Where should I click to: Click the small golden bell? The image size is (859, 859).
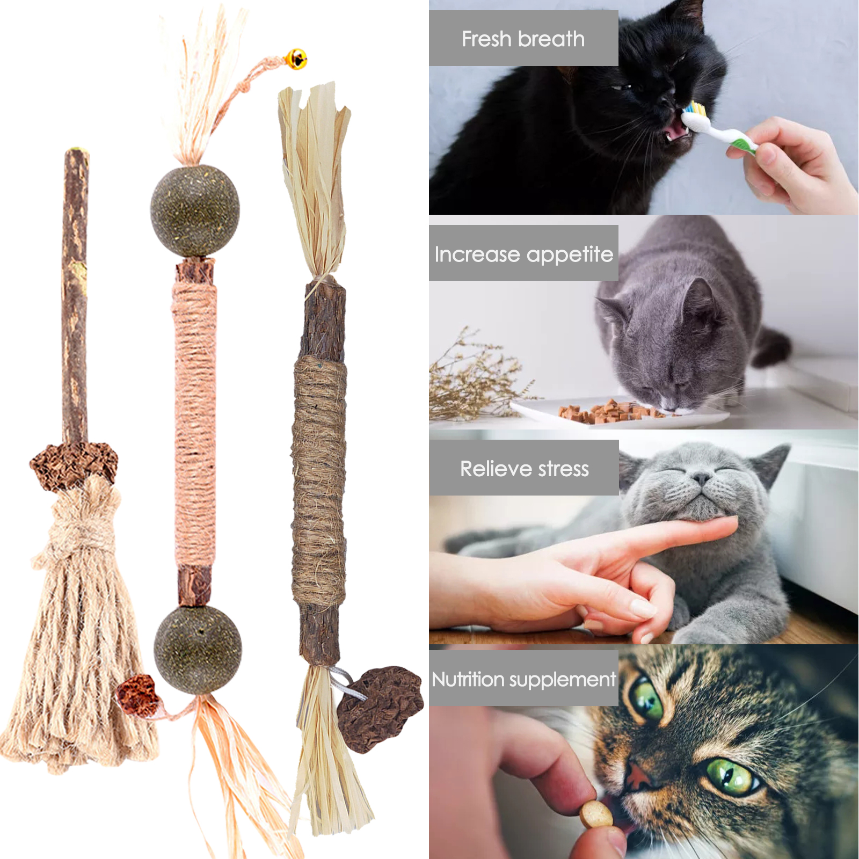point(296,59)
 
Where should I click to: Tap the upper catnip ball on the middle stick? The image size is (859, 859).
point(195,210)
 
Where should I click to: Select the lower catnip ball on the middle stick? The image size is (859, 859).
point(198,650)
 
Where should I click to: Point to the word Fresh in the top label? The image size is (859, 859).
point(486,39)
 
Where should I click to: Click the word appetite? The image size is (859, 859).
point(570,255)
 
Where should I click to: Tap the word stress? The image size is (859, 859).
point(564,469)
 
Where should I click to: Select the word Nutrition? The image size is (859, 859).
point(469,679)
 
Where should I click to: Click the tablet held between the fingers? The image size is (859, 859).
point(596,814)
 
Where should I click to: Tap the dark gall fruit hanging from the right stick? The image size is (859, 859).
point(380,709)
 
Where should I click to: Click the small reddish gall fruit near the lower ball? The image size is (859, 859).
point(138,695)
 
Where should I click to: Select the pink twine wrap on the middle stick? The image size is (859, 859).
point(195,424)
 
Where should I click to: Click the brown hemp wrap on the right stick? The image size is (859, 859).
point(319,481)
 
